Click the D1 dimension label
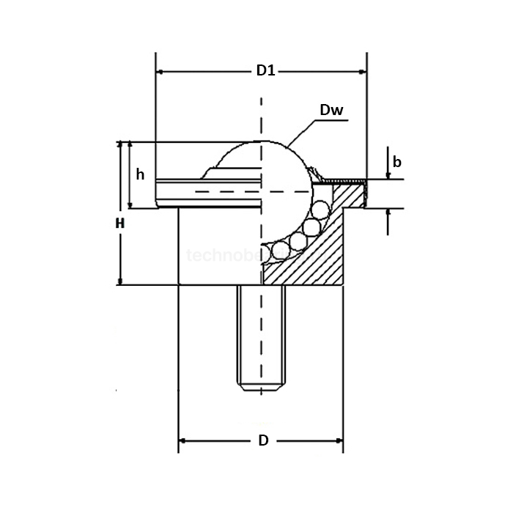coord(265,72)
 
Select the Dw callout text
coord(332,111)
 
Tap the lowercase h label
coord(141,175)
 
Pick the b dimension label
coord(396,162)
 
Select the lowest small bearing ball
coord(278,253)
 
